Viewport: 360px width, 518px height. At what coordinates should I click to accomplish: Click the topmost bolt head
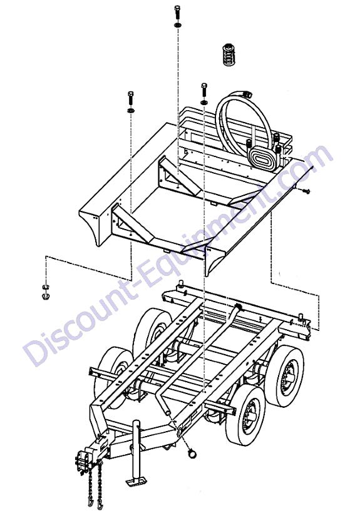[177, 8]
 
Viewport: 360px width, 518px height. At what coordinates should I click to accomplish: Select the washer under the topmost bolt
[178, 25]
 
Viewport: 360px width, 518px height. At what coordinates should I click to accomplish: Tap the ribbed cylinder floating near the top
[228, 54]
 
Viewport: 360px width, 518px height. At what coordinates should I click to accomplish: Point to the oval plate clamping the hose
[264, 160]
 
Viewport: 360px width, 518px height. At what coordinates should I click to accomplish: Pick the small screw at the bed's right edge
[306, 191]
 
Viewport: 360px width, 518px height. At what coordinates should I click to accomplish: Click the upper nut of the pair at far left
[45, 286]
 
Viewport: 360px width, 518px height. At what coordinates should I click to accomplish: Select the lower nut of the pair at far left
[45, 296]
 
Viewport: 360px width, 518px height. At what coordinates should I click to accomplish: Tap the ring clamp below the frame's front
[192, 454]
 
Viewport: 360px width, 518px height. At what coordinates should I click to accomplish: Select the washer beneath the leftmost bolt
[131, 109]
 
